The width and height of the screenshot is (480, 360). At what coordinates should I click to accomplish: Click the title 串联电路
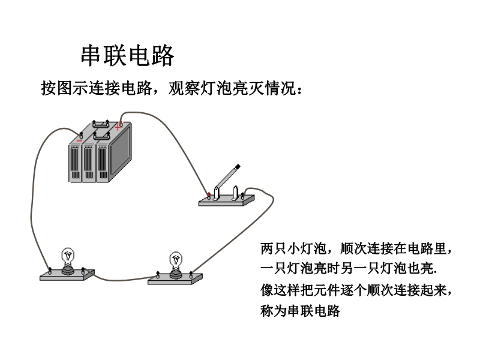(x=127, y=56)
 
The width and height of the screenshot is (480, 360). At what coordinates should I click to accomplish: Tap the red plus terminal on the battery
(x=119, y=126)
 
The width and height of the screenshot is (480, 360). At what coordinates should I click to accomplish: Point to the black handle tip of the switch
(x=238, y=166)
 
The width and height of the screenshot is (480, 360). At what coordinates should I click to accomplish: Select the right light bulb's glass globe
(x=176, y=259)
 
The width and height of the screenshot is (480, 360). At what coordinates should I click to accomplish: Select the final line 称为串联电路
(x=300, y=311)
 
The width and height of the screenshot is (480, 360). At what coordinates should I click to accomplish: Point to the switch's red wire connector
(x=208, y=194)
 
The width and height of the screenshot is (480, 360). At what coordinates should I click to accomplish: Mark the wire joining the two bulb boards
(x=120, y=278)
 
